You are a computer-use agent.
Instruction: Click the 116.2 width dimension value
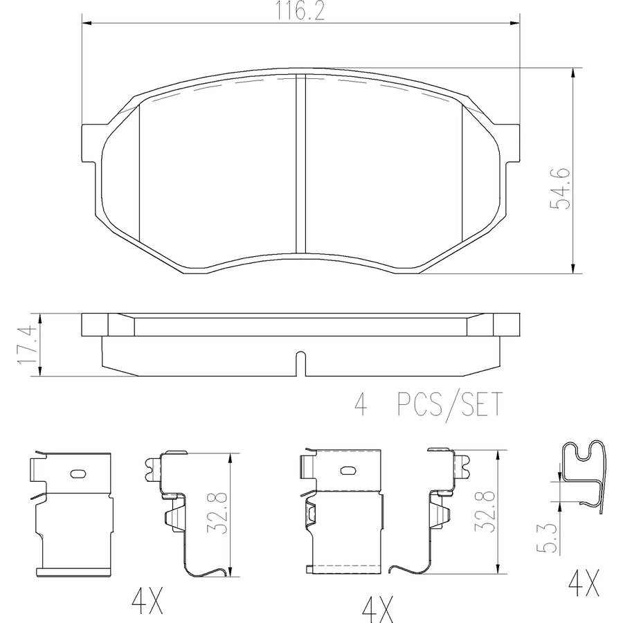click(x=300, y=11)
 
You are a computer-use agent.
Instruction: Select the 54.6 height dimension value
click(x=560, y=188)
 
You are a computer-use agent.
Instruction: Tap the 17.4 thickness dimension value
click(x=28, y=344)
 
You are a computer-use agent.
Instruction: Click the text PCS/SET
click(x=450, y=404)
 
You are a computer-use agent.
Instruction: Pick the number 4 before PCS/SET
click(x=361, y=404)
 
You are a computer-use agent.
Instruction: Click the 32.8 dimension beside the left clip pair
click(x=217, y=513)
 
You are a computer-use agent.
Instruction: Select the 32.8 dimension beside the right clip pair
click(x=485, y=511)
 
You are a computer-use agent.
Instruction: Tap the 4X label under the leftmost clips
click(x=147, y=601)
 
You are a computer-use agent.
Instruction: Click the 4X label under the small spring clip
click(x=584, y=584)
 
